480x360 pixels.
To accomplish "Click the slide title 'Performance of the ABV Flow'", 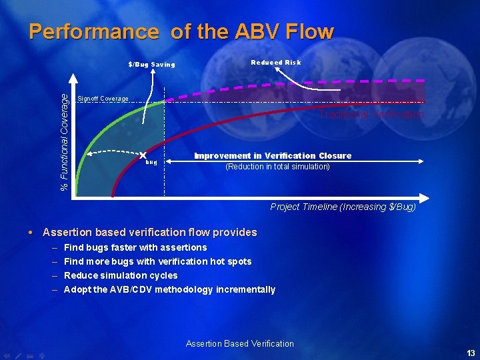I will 181,32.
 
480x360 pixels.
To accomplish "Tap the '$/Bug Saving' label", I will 151,65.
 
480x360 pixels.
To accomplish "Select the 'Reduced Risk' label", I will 275,62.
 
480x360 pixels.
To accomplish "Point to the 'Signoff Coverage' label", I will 103,99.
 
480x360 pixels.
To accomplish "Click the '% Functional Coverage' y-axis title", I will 65,142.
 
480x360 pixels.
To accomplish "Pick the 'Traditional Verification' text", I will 371,115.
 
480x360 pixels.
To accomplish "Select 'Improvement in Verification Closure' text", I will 273,155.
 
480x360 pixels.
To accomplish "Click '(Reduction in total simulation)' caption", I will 277,167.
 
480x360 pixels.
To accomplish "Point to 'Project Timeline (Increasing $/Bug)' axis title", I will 343,207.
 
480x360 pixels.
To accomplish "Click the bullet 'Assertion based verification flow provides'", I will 149,232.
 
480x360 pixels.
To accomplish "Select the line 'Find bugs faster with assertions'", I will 135,247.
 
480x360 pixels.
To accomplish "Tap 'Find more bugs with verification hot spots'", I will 157,261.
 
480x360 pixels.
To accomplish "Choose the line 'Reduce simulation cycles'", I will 121,275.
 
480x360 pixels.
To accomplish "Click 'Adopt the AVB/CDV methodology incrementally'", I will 169,289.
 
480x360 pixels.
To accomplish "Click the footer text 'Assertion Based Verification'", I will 239,343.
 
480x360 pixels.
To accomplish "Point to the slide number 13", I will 471,353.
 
